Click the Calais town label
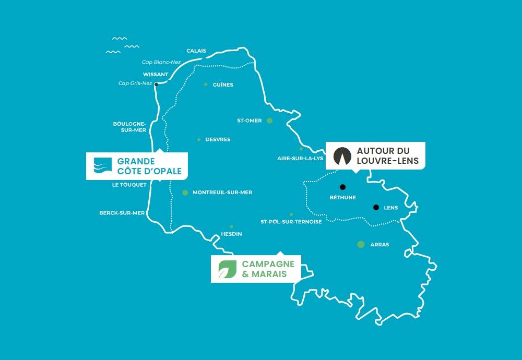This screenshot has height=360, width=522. click(x=196, y=51)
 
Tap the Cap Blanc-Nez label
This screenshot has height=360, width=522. click(x=161, y=62)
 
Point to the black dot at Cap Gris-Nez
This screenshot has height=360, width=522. click(x=156, y=83)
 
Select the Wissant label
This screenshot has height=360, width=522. click(x=156, y=74)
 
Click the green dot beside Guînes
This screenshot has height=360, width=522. click(x=206, y=84)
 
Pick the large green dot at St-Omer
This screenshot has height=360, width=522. click(x=269, y=121)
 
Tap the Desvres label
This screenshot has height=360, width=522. click(x=218, y=140)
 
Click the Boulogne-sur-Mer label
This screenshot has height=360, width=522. click(x=129, y=127)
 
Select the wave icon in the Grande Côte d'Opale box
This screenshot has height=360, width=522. click(x=102, y=165)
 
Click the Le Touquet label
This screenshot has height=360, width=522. click(x=129, y=185)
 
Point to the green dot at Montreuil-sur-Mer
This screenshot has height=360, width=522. click(x=185, y=193)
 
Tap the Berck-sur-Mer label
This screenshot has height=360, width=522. click(x=122, y=213)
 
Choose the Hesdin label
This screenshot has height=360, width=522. click(x=231, y=234)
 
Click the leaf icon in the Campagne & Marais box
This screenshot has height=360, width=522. click(x=226, y=269)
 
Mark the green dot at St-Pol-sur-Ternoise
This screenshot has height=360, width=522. click(x=291, y=214)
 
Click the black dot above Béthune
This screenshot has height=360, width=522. click(x=342, y=187)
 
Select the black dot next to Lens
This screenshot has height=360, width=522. click(x=376, y=207)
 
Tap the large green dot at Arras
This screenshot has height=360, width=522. click(x=361, y=244)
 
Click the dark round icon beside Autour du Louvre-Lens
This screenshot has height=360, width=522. click(x=342, y=155)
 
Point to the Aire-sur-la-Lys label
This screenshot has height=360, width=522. click(x=301, y=158)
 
